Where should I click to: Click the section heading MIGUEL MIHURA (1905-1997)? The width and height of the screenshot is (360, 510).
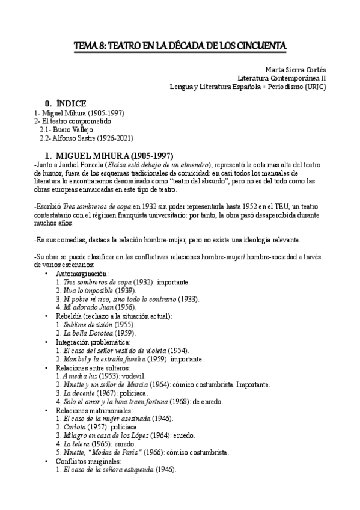pyautogui.click(x=118, y=155)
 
